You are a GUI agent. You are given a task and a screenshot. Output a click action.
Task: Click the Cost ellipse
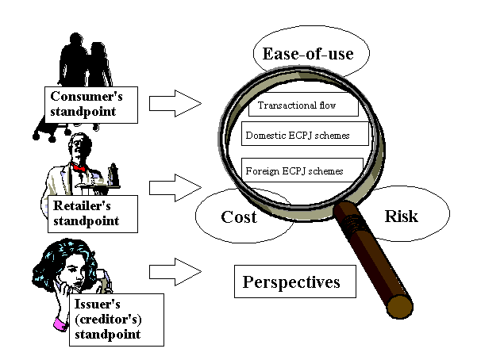[237, 216]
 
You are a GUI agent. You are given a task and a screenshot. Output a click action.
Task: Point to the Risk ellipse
[400, 215]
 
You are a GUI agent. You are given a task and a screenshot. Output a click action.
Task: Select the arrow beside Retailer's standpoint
[175, 188]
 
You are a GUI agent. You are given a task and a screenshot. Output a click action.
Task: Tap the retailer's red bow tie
[79, 169]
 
